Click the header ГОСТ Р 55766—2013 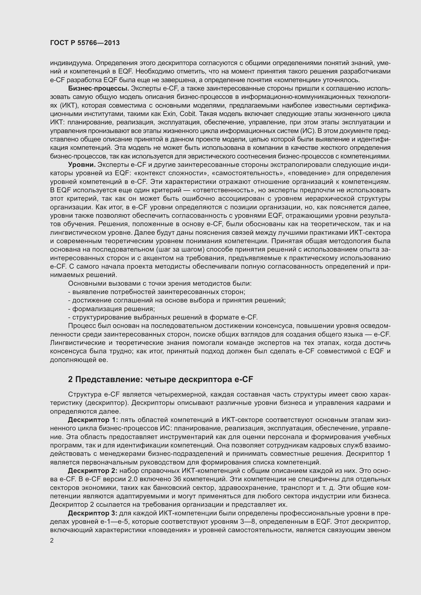(85, 43)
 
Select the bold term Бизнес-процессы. (99, 89)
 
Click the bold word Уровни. (82, 165)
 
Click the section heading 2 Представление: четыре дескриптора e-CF (160, 379)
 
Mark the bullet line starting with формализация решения (111, 309)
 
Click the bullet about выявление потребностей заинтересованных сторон (157, 292)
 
